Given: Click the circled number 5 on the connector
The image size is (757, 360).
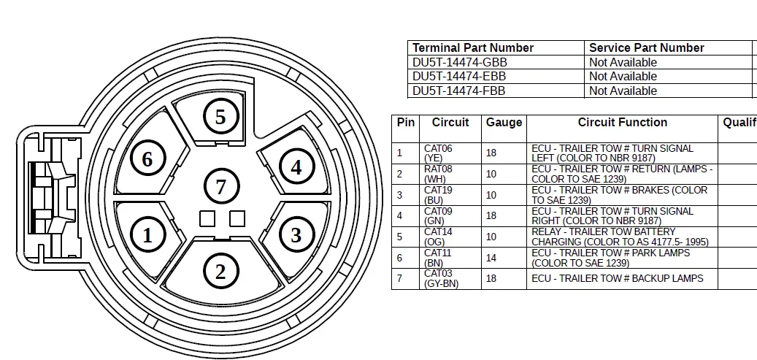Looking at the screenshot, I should (220, 117).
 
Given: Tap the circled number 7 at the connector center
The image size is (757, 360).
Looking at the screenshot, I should (220, 187).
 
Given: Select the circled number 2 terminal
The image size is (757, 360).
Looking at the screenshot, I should (220, 272).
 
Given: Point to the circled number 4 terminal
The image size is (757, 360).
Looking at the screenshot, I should (296, 167).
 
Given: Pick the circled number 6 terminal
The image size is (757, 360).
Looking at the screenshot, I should (147, 158).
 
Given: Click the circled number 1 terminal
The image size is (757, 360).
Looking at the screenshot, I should (147, 235).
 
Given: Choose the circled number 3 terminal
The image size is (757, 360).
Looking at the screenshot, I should (296, 235).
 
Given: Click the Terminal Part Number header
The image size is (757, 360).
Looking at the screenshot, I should (473, 47).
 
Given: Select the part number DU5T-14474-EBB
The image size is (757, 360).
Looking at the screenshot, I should (459, 76).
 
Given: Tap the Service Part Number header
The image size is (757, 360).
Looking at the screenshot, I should (646, 47).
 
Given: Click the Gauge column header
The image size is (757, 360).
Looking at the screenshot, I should (504, 123).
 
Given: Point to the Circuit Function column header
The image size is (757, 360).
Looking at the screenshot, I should (622, 123).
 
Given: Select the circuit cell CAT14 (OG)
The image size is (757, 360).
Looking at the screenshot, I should (438, 237).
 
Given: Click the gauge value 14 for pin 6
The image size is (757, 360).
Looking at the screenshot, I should (491, 258).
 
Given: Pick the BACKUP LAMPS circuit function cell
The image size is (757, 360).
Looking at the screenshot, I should (617, 278).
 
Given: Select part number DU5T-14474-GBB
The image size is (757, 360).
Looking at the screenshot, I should (459, 62).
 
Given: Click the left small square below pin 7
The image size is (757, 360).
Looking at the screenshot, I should (207, 218).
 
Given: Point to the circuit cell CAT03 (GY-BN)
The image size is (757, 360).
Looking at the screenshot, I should (441, 278).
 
